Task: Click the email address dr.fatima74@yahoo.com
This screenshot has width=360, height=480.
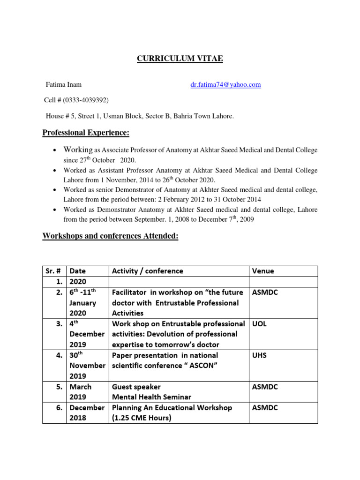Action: click(225, 85)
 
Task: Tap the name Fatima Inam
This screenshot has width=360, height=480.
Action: click(63, 85)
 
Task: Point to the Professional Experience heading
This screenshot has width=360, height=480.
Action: click(86, 133)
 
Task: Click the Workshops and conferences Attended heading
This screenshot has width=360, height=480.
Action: click(110, 237)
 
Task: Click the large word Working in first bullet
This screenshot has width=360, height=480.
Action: click(79, 150)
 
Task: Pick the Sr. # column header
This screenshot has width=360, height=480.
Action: click(54, 271)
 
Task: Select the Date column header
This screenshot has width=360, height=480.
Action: click(78, 271)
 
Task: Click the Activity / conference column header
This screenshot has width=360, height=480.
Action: click(147, 271)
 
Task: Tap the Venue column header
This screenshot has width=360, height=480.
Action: click(263, 271)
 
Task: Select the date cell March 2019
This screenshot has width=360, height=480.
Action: click(81, 392)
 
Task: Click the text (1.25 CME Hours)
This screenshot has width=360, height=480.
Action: click(142, 418)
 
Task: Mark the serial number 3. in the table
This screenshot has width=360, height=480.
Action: click(60, 324)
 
